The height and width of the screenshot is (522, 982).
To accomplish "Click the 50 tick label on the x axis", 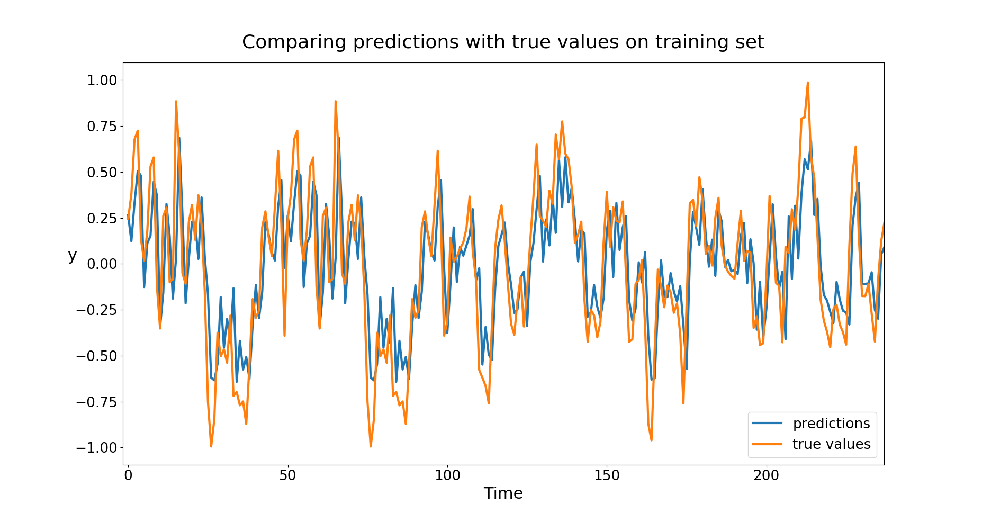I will [x=287, y=475].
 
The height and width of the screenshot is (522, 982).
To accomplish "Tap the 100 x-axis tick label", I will [x=447, y=475].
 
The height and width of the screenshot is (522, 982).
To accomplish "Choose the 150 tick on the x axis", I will [x=607, y=475].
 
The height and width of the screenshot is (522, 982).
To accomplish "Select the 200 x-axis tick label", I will [x=766, y=475].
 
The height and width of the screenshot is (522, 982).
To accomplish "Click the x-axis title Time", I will [x=503, y=493].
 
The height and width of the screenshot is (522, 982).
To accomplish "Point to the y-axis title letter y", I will [x=73, y=256].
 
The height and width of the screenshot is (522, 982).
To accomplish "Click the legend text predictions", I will [x=831, y=424].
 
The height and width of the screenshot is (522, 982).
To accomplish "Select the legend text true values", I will [x=831, y=444].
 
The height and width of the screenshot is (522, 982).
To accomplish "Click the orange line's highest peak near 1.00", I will [x=808, y=83].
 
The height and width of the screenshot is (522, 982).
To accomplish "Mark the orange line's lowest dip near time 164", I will [x=651, y=439].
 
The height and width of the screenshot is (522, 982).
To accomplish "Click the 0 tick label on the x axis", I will [x=128, y=475].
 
